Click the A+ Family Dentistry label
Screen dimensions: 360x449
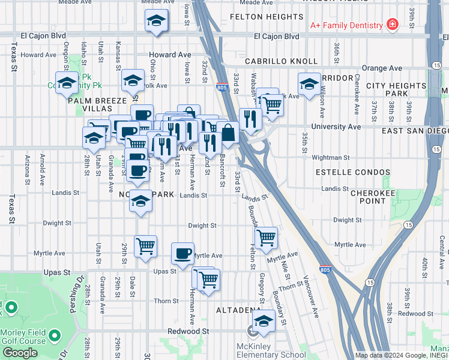(346, 26)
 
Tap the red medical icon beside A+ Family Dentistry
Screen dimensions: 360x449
(392, 25)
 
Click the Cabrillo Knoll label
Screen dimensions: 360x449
(281, 61)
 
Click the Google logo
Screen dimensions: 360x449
(20, 353)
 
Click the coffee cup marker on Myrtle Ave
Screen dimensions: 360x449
(182, 252)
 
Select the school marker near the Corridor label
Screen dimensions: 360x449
(309, 84)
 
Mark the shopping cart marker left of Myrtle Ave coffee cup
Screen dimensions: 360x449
(145, 245)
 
